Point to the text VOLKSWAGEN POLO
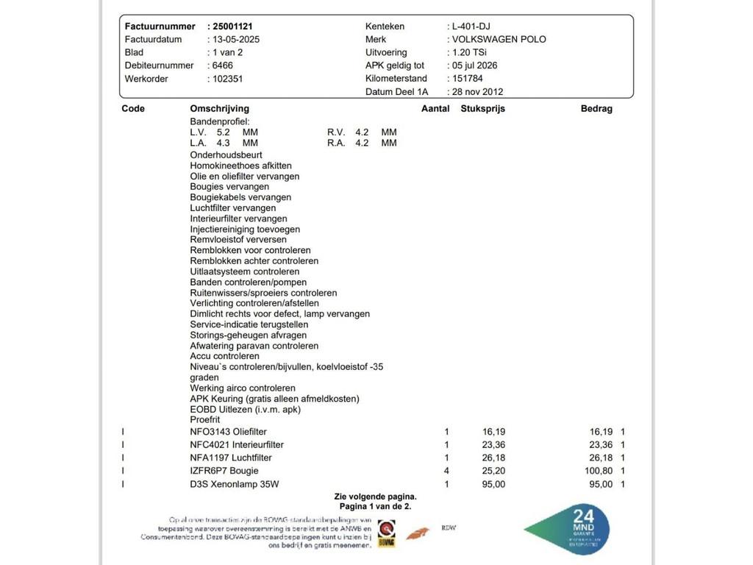(499, 40)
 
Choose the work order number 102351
(227, 79)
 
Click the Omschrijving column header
(219, 109)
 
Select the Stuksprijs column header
(482, 109)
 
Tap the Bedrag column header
(596, 109)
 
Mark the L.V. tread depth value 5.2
(223, 132)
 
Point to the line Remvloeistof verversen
(238, 240)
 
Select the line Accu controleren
(224, 356)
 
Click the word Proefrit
(205, 419)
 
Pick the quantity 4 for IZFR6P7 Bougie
(446, 471)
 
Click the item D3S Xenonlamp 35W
(235, 484)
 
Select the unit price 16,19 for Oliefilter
(493, 432)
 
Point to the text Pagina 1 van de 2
(375, 507)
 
